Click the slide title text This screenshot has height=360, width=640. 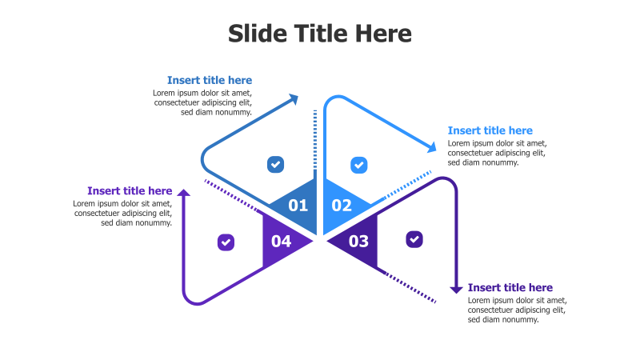click(x=320, y=34)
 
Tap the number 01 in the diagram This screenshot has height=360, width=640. click(x=298, y=206)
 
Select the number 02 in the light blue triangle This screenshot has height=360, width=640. click(x=342, y=206)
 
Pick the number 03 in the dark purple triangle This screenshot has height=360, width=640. click(x=358, y=241)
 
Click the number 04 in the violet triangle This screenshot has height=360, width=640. click(x=281, y=241)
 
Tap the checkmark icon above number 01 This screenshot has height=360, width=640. click(x=275, y=165)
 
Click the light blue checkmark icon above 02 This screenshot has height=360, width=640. click(x=359, y=166)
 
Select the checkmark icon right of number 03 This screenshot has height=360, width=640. click(x=414, y=238)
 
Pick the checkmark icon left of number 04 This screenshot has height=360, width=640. click(x=226, y=242)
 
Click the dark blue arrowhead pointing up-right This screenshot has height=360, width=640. click(x=294, y=99)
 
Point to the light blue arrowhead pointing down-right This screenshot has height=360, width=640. click(x=432, y=146)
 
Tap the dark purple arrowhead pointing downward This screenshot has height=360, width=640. click(x=456, y=289)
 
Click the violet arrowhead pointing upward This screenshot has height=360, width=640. click(x=184, y=193)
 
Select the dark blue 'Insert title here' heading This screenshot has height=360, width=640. click(x=210, y=80)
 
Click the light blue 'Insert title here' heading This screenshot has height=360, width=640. click(x=490, y=130)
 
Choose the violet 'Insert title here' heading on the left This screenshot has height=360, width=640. click(x=130, y=190)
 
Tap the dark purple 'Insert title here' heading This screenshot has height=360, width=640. click(x=510, y=287)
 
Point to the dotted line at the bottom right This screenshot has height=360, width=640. click(x=411, y=288)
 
